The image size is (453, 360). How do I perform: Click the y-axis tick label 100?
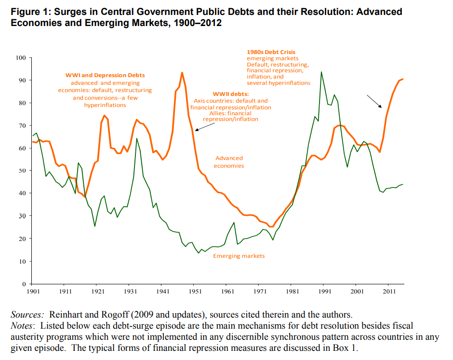tap(20, 58)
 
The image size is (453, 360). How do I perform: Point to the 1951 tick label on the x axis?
tap(196, 292)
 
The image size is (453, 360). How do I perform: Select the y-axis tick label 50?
tap(22, 171)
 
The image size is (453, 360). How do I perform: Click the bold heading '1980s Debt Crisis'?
tap(271, 52)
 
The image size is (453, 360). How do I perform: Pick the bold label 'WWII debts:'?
tap(231, 94)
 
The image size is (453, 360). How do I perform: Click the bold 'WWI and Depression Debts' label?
tap(105, 75)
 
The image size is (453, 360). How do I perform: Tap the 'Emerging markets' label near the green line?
tap(239, 256)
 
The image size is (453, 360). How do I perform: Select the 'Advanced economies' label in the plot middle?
tap(229, 162)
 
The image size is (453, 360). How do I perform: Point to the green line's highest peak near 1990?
tap(321, 72)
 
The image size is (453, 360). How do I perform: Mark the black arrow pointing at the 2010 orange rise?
tap(374, 101)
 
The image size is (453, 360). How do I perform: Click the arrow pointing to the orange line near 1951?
tap(205, 126)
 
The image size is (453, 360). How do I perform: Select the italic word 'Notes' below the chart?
tap(21, 326)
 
